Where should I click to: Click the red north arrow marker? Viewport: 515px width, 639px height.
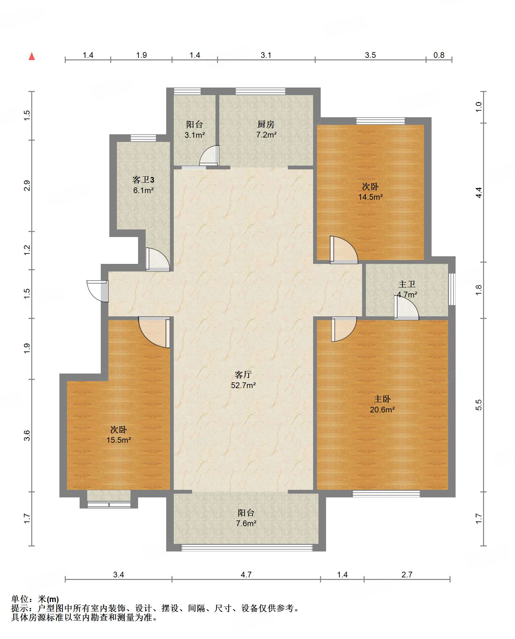coord(32,56)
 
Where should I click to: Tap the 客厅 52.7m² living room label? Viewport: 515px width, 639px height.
coord(243,380)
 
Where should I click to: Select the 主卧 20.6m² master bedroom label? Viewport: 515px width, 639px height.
coord(382,404)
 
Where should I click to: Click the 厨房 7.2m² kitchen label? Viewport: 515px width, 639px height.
coord(266,130)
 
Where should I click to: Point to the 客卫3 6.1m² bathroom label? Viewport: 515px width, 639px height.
coord(143,185)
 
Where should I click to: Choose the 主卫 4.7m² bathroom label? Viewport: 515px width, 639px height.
coord(407,289)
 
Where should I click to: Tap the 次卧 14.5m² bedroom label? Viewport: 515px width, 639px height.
coord(370,192)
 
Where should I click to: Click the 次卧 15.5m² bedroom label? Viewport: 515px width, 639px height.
coord(118,435)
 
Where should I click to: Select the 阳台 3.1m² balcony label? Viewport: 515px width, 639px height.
coord(195,130)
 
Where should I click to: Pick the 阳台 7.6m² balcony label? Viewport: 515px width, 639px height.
coord(246,518)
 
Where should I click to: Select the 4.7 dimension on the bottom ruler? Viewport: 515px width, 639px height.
coord(246,575)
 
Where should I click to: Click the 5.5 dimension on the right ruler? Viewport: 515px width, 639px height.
coord(479,405)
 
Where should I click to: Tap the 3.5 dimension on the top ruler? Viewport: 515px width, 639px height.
coord(370,55)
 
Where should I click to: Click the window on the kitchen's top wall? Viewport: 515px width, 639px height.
coord(260,91)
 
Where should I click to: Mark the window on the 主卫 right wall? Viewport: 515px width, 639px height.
coord(452,289)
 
